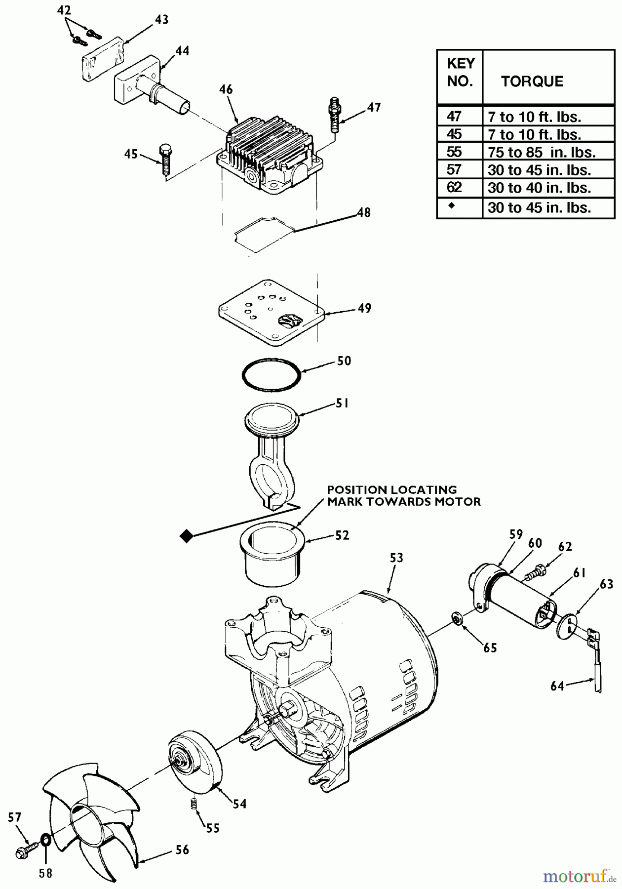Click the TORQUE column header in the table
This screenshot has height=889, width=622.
(x=532, y=81)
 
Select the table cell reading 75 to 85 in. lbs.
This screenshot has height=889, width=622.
(x=541, y=152)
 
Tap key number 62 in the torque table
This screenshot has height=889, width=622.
(x=454, y=188)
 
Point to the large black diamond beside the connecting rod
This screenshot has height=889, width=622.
(x=186, y=536)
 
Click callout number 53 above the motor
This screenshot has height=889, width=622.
(x=396, y=558)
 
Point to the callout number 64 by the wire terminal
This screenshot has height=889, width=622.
(x=557, y=686)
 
